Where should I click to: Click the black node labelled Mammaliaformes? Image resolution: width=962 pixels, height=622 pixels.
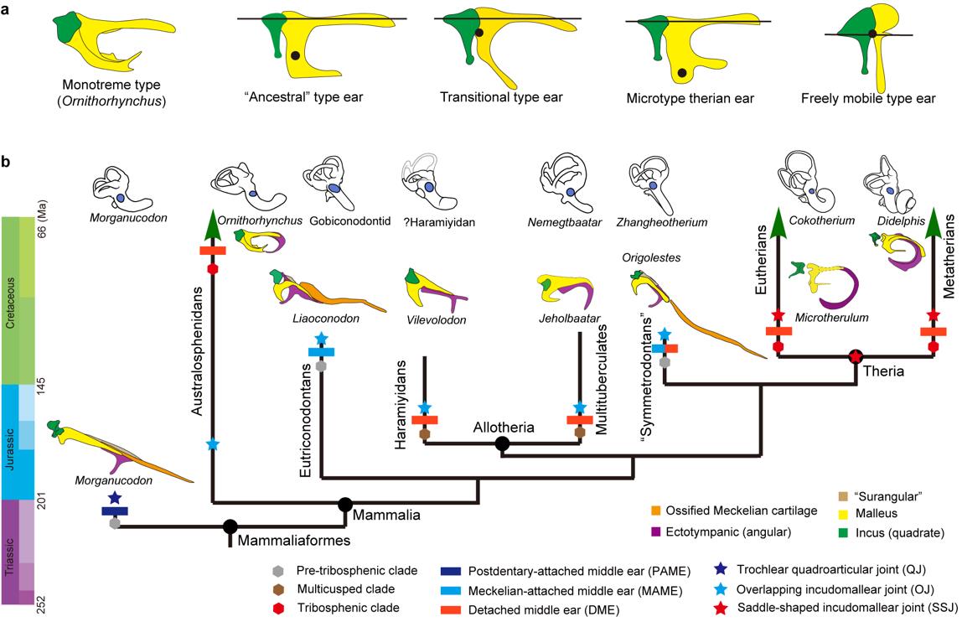coord(230,527)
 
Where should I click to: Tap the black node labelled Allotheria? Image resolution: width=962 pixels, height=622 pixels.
coord(502,443)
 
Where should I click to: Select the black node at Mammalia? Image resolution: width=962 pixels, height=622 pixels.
coord(344,504)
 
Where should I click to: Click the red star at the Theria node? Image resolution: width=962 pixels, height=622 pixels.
coord(856,356)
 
